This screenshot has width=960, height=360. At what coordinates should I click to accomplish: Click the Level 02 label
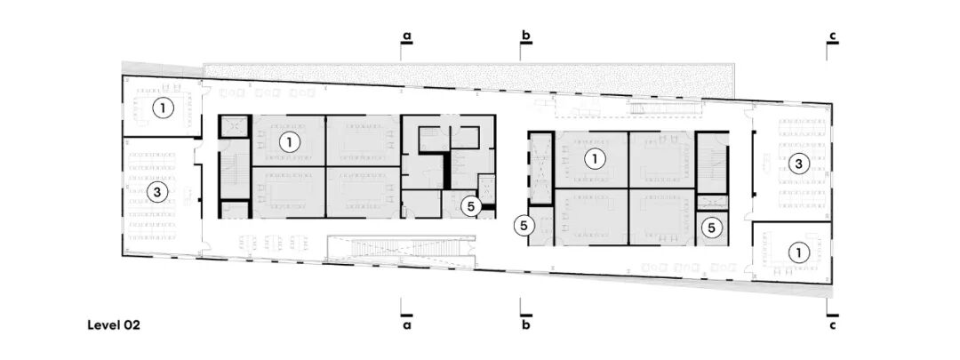[x=114, y=325]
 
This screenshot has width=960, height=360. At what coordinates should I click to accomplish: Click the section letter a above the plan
[x=406, y=36]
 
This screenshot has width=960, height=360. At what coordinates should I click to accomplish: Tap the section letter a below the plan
[x=406, y=325]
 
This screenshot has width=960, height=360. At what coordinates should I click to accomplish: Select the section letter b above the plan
[x=526, y=36]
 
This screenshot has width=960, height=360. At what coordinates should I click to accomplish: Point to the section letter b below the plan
[x=526, y=325]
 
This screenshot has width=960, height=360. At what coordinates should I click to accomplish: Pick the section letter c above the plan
[x=833, y=36]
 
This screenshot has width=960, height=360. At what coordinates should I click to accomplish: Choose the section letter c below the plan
[x=833, y=325]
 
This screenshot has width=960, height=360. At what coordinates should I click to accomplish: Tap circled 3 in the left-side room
[x=157, y=192]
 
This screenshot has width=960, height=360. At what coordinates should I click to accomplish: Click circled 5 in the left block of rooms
[x=470, y=206]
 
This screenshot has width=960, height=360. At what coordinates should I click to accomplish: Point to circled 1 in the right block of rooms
[x=592, y=158]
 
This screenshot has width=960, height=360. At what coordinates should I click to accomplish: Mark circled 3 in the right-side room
[x=798, y=163]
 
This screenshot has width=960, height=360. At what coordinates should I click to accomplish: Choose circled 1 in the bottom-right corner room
[x=798, y=252]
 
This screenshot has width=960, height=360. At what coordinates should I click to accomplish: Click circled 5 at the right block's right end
[x=711, y=228]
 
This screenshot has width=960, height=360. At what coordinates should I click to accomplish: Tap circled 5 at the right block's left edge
[x=524, y=226]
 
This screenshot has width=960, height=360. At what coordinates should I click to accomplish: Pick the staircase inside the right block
[x=711, y=163]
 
